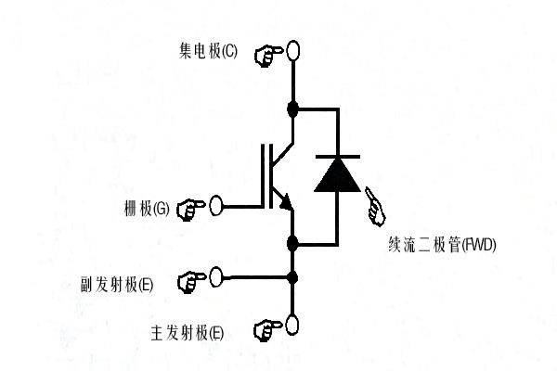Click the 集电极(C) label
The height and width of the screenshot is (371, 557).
point(208,52)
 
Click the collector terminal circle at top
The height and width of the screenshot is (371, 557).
point(293,49)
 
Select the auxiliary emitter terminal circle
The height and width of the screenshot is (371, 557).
point(216,275)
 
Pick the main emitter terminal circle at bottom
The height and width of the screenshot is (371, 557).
point(293,325)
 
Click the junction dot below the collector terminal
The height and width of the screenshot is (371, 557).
point(293,109)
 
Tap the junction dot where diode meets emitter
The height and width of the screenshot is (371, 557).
point(293,244)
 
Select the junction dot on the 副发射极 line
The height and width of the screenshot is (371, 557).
point(293,276)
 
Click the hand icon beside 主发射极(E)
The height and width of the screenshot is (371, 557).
point(266,329)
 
